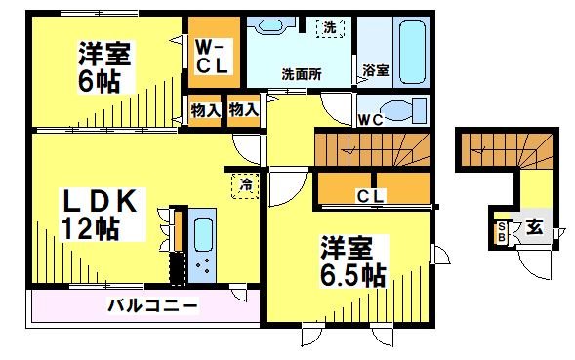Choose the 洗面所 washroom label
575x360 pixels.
[x=303, y=73]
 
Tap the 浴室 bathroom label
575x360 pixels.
[x=376, y=71]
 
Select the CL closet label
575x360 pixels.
[x=370, y=197]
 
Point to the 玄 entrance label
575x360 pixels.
[x=536, y=228]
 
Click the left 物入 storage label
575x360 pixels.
[x=206, y=110]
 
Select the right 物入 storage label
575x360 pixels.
[x=243, y=110]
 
